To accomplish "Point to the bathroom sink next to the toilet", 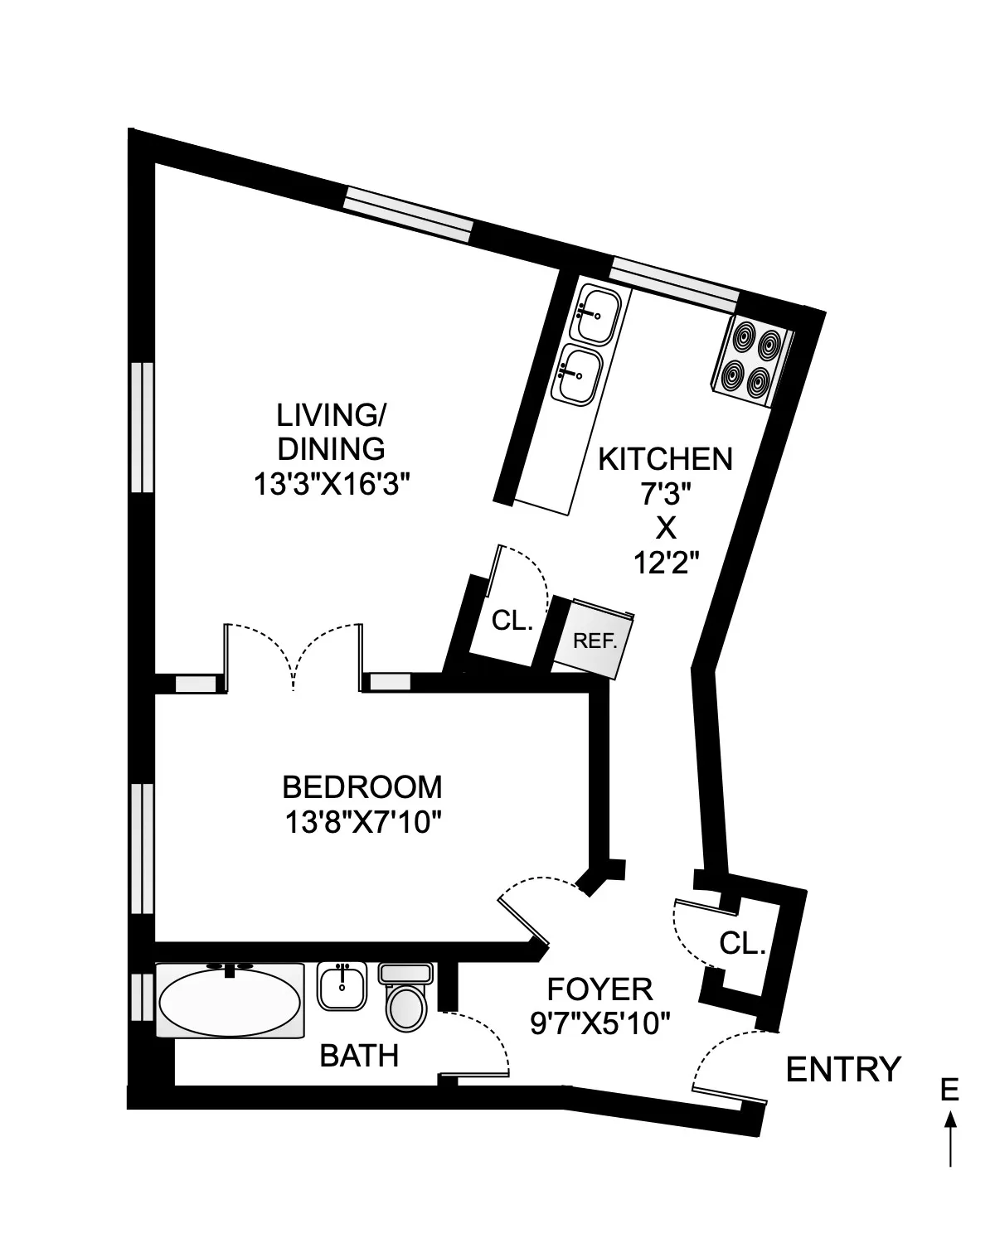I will click(342, 986).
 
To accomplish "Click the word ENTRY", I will click(842, 1070).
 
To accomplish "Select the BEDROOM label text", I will click(362, 786).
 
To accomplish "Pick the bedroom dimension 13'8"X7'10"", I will click(362, 823).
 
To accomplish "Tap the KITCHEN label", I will click(666, 458).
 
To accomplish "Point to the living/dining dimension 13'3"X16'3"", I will click(332, 484).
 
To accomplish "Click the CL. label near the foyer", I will click(742, 943).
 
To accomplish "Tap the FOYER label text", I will click(599, 989).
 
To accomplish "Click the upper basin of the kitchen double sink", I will click(595, 315).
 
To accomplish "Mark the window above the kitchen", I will click(673, 280).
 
